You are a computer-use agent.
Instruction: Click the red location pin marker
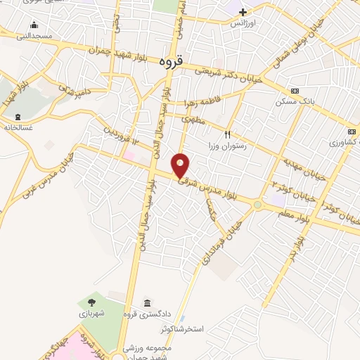pos(181,165)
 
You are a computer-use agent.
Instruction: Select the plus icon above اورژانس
pos(243,12)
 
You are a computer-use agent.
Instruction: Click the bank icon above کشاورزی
pos(352,131)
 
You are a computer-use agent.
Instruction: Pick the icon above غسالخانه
pos(18,117)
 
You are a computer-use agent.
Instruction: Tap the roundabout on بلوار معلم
pos(258,205)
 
